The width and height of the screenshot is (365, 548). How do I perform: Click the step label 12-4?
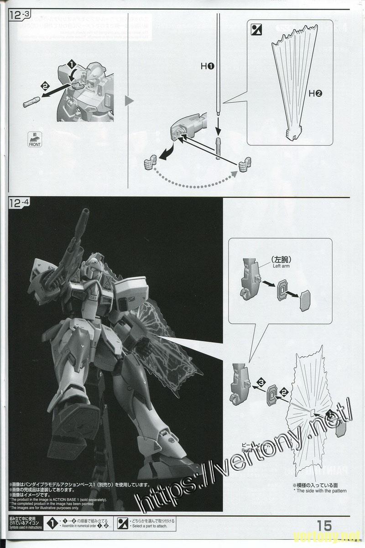(19, 204)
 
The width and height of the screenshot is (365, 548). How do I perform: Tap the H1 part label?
(208, 66)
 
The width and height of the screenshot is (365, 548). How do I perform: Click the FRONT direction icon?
(34, 139)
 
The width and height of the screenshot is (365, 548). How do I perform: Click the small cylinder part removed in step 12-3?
(30, 102)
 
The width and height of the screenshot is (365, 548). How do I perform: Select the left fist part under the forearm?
(150, 162)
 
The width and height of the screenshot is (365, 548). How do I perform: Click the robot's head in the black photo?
(94, 265)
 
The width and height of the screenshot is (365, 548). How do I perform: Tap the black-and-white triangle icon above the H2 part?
(257, 30)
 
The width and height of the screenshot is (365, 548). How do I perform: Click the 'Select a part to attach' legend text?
(150, 526)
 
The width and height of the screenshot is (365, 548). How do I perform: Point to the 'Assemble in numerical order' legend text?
(80, 526)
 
